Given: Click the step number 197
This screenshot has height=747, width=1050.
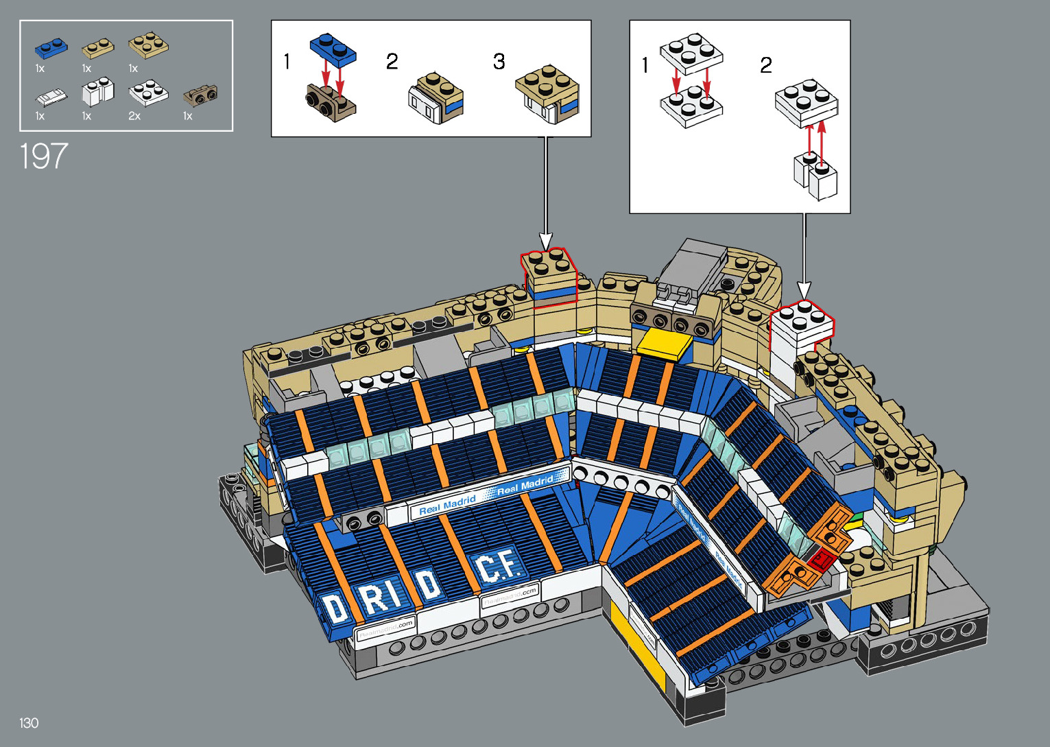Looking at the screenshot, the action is tap(44, 156).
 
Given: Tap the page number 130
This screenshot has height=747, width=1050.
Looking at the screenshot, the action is tap(29, 723).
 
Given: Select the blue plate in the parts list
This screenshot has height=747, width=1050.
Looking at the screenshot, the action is tap(51, 47).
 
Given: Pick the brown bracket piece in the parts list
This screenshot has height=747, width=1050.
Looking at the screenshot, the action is tap(200, 95).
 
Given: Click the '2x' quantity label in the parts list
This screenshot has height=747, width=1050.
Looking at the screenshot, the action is tap(134, 117).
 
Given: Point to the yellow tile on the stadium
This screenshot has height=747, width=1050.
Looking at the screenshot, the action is tap(665, 344).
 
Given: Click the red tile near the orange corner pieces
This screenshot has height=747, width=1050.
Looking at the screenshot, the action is tap(821, 562).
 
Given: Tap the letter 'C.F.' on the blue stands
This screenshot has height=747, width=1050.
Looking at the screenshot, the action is tap(498, 567).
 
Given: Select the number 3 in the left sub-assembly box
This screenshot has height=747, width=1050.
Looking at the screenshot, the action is tap(499, 62).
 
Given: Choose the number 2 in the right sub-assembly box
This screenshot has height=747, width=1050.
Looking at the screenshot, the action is tap(765, 65).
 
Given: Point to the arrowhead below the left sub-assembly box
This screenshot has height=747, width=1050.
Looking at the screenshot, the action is tap(546, 241).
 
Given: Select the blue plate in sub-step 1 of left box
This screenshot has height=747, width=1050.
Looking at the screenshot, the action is tap(333, 49).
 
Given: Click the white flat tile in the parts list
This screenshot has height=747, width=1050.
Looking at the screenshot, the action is tap(51, 97).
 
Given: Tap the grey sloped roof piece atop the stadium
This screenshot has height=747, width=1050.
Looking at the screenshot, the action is tap(692, 263).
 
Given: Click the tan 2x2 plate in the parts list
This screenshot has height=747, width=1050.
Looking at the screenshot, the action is tap(148, 45).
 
